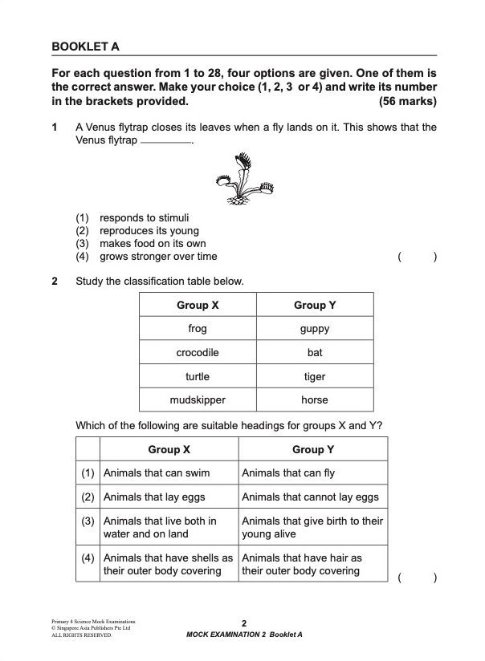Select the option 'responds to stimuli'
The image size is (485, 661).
144,217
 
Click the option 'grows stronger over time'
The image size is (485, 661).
157,257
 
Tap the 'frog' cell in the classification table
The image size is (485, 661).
198,329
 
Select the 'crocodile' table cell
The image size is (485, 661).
198,352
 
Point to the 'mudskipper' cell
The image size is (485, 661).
198,399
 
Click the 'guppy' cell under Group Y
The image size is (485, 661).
314,329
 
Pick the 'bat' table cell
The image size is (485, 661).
314,352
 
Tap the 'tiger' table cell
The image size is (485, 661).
314,375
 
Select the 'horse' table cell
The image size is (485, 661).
314,399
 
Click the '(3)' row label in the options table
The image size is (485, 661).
88,521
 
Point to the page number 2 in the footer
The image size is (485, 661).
243,623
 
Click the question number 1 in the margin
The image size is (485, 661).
55,128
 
